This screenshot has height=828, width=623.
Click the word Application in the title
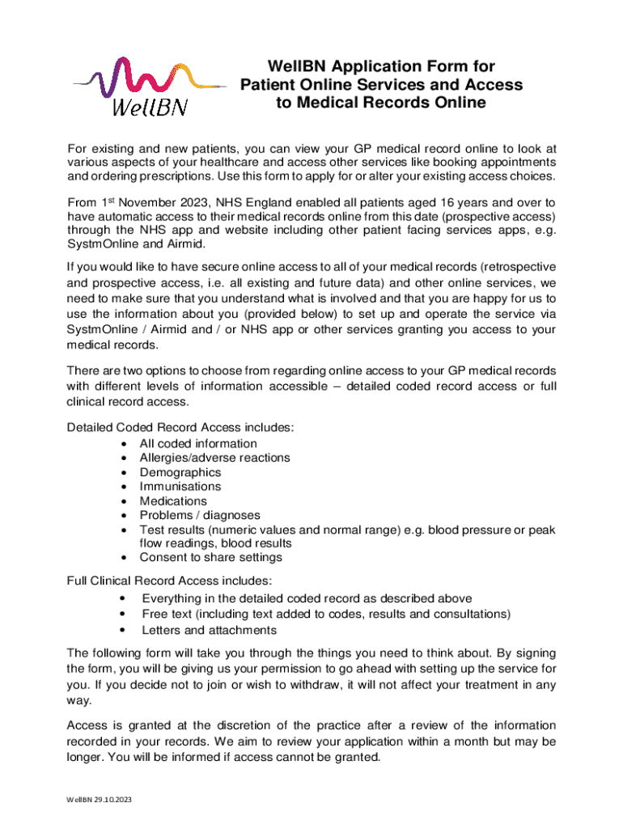pos(359,66)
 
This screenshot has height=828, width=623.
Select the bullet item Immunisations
pos(180,487)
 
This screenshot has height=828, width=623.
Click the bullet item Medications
pos(172,501)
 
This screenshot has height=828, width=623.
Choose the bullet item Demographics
pos(180,472)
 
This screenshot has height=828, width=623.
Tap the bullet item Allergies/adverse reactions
pos(214,458)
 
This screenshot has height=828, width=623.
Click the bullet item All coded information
pos(198,444)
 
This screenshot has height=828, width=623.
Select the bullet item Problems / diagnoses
pos(200,515)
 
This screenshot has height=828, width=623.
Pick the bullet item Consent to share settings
pos(210,557)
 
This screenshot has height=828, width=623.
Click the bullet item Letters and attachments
pos(209,630)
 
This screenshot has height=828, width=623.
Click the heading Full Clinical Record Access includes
pos(169,581)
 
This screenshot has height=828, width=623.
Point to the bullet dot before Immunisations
pos(122,487)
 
